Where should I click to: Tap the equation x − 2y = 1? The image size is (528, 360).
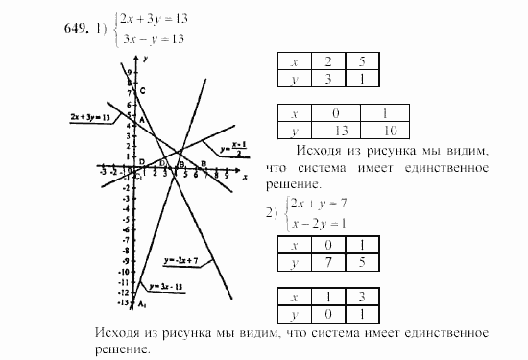click(x=324, y=223)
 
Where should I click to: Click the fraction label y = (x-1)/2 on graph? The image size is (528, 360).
click(x=234, y=150)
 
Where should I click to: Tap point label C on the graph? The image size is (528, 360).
click(x=142, y=91)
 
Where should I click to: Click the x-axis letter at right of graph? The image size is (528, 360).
click(x=245, y=178)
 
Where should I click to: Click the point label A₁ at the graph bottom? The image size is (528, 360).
click(x=142, y=304)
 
